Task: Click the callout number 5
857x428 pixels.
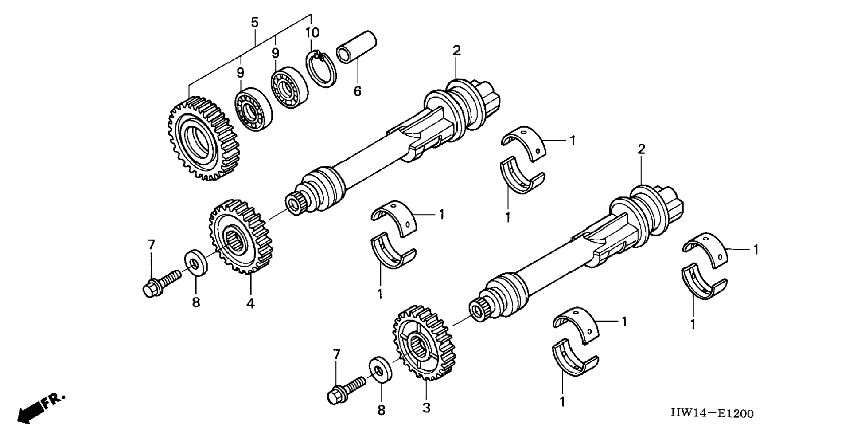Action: (x=254, y=22)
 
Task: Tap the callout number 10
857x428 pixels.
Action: (x=312, y=33)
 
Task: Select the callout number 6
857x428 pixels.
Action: (x=357, y=91)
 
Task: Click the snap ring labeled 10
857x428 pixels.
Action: (x=322, y=69)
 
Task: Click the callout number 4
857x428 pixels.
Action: (x=250, y=304)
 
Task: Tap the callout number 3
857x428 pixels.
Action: (x=426, y=408)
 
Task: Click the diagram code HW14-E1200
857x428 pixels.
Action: (x=712, y=413)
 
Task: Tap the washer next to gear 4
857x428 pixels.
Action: (x=195, y=263)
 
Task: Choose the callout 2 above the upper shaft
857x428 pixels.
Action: (x=456, y=51)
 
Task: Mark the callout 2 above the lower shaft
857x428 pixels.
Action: (x=641, y=149)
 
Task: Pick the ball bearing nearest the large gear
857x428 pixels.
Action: (x=253, y=109)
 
